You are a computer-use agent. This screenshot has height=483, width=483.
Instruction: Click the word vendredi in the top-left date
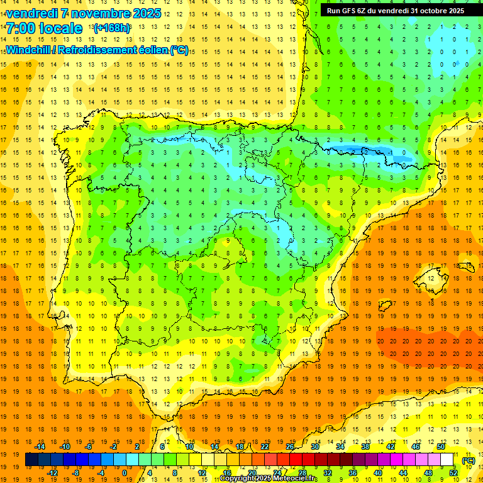pyautogui.click(x=32, y=13)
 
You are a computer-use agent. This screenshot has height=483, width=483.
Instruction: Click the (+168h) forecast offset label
pyautogui.click(x=112, y=28)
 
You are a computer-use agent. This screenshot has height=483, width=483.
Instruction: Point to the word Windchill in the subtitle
pyautogui.click(x=29, y=50)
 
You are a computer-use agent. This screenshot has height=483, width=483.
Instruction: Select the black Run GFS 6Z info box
pyautogui.click(x=396, y=10)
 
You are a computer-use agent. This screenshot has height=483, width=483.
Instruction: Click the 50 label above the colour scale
pyautogui.click(x=440, y=447)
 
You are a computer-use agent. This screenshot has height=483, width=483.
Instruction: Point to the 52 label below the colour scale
pyautogui.click(x=453, y=473)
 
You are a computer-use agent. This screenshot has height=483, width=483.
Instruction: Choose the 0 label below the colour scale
pyautogui.click(x=125, y=473)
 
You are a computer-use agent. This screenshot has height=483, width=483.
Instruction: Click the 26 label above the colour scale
pyautogui.click(x=290, y=447)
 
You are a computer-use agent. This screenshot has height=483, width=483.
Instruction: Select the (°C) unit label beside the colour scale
pyautogui.click(x=468, y=460)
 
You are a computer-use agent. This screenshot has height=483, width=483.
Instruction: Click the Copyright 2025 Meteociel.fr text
pyautogui.click(x=269, y=479)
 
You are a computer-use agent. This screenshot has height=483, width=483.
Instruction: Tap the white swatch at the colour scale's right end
pyautogui.click(x=447, y=460)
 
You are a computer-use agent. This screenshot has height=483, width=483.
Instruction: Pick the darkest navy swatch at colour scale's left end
pyautogui.click(x=31, y=460)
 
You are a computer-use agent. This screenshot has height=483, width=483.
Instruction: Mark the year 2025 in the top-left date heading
pyautogui.click(x=145, y=13)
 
